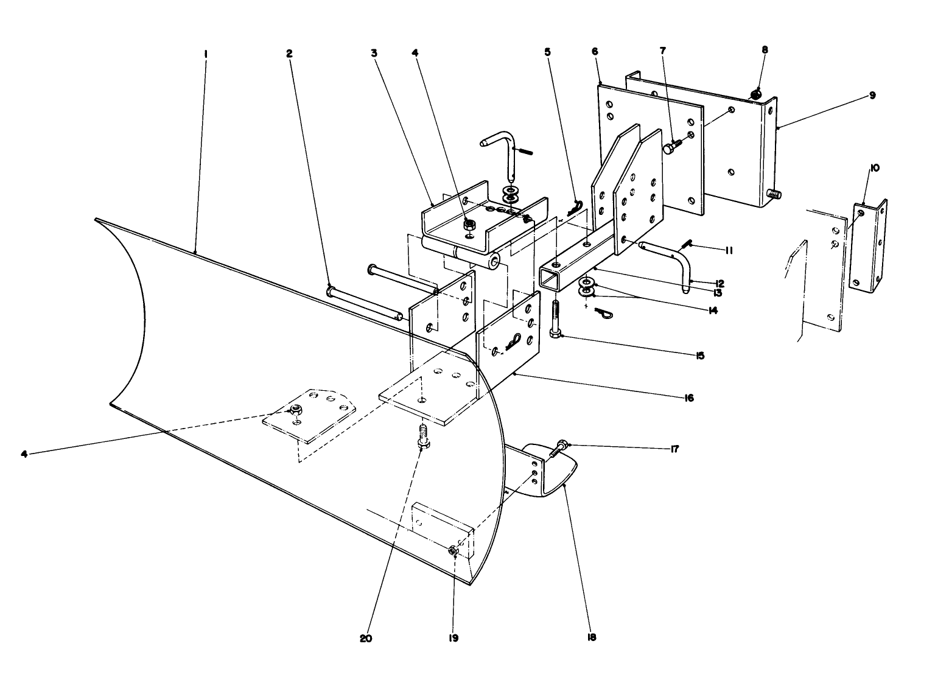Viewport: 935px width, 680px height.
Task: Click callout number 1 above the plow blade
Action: click(x=206, y=54)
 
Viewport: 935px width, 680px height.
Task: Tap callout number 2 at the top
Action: click(x=289, y=54)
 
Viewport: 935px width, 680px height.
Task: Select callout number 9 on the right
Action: click(x=872, y=96)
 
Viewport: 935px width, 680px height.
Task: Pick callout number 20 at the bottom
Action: click(x=366, y=639)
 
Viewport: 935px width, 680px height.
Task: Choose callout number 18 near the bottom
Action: click(x=592, y=637)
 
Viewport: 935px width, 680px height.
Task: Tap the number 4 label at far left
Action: click(x=24, y=454)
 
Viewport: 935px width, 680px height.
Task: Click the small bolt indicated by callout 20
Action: click(x=421, y=438)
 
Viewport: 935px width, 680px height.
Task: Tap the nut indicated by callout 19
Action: click(x=453, y=550)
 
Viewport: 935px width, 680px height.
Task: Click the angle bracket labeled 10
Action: click(x=869, y=244)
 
